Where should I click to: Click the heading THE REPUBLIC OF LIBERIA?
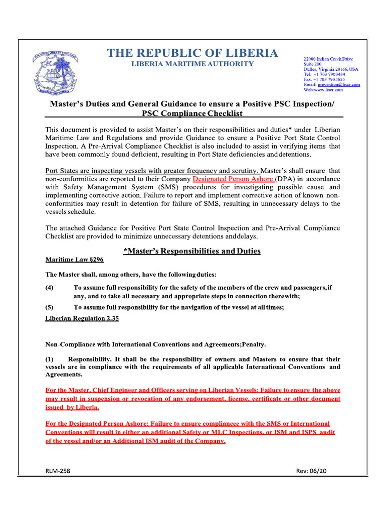click(x=192, y=53)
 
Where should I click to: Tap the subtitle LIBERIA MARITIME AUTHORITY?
click(x=192, y=64)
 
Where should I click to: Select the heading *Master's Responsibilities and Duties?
click(x=192, y=251)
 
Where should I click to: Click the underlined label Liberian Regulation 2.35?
click(x=82, y=319)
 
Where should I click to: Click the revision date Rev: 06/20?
click(x=311, y=470)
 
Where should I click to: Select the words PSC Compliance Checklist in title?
click(x=192, y=113)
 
